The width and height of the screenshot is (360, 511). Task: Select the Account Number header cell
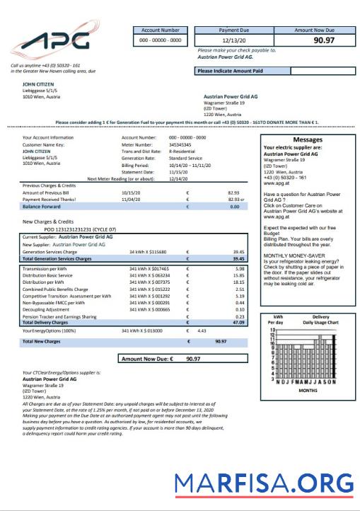160,30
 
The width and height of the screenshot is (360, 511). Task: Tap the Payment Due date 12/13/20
233,40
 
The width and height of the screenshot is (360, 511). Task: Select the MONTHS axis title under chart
308,390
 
